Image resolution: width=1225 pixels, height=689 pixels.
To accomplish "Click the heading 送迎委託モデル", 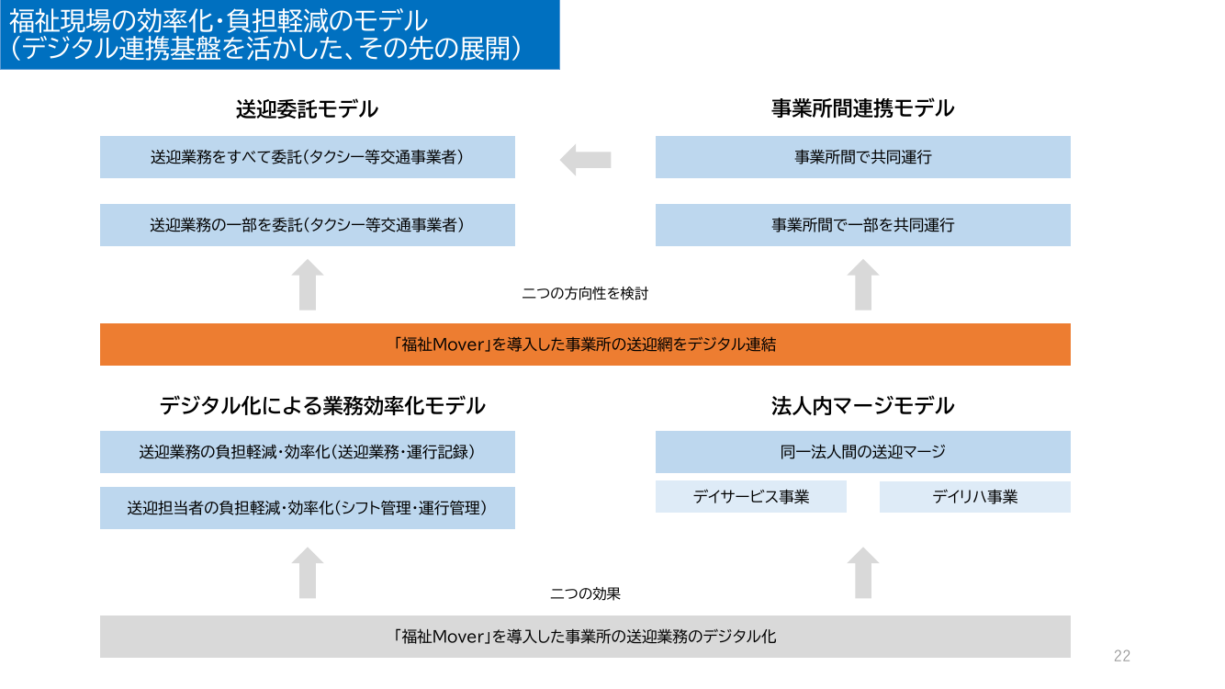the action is pos(307,109).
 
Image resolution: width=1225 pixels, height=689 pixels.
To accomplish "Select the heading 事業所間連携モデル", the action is pos(862,108).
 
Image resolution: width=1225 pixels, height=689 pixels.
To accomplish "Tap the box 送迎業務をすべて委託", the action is pos(308,157).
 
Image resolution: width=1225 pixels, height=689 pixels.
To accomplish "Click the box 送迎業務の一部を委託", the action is pos(308,225).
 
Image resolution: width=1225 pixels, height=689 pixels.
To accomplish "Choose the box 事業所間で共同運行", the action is pos(863,157).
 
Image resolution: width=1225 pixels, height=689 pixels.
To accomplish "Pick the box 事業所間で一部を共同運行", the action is pos(863,225).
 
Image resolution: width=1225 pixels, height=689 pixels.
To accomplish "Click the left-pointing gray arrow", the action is pos(585,160).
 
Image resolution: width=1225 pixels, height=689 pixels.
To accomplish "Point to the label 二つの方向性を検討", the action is pos(585,294).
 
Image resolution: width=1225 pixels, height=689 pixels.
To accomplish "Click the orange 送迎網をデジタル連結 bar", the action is pos(585,344).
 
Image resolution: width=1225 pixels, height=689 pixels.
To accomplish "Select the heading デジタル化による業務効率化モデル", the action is pos(322,406).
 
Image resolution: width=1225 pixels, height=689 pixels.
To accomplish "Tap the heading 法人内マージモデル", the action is pos(862,406).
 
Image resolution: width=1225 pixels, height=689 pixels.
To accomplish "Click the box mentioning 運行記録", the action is pos(308,452).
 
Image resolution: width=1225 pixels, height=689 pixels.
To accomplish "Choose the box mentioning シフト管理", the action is pos(308,508).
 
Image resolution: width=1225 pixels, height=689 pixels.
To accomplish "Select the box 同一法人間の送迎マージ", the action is pos(863,452).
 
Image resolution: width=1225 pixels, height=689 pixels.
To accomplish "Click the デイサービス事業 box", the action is pos(751,497).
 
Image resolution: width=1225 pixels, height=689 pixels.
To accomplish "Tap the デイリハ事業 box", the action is pos(975,497).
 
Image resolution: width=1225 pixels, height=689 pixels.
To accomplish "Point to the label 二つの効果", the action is pos(585,593).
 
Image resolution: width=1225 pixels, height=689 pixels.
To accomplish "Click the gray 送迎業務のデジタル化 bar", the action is pos(585,637).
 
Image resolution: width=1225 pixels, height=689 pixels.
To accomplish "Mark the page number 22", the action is pos(1121,656).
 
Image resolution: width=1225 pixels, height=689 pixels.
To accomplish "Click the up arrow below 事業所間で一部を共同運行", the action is pos(863,285).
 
